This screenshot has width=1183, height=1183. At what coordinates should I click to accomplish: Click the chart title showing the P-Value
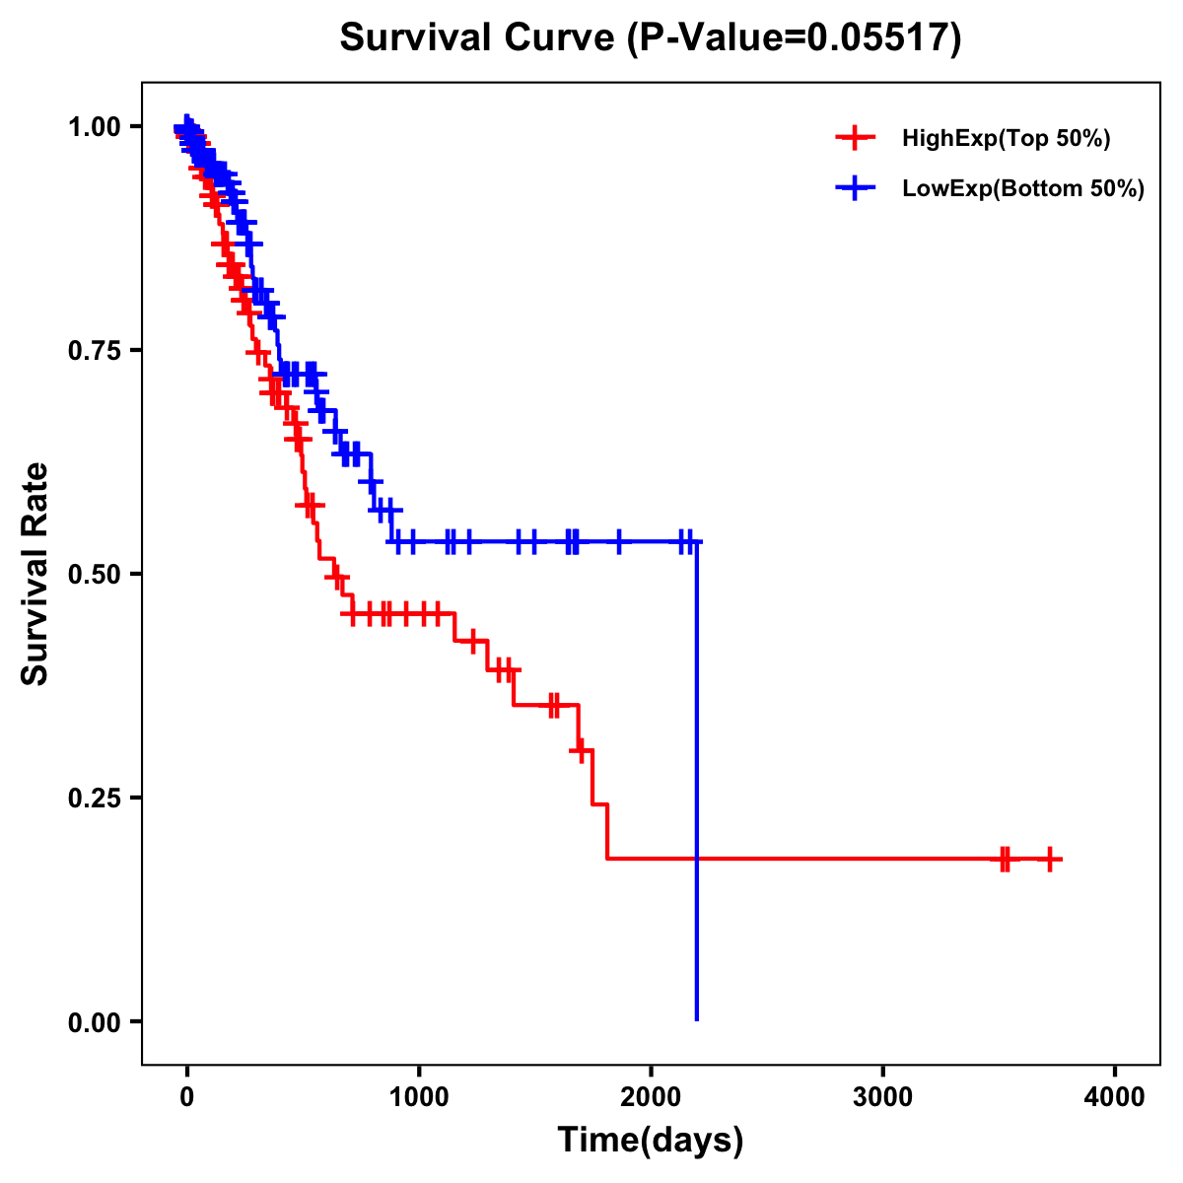[x=650, y=38]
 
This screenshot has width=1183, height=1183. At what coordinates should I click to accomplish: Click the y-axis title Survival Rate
[x=35, y=573]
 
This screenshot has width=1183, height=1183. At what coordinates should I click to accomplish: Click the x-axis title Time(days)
[x=650, y=1140]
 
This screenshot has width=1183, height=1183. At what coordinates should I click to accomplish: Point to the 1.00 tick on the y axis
[x=95, y=127]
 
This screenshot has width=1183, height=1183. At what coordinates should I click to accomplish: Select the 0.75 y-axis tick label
[x=95, y=351]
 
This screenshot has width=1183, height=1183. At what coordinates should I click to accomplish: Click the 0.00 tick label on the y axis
[x=95, y=1022]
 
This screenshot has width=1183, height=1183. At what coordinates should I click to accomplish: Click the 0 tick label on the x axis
[x=187, y=1096]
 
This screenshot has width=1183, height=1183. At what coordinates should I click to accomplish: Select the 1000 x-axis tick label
[x=419, y=1096]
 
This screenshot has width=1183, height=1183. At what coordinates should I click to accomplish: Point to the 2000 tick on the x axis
[x=651, y=1096]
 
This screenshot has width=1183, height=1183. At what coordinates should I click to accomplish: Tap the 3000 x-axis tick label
[x=882, y=1096]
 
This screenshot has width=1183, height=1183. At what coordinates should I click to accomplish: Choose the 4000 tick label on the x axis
[x=1114, y=1096]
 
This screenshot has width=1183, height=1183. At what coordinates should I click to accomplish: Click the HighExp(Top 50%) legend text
[x=1006, y=139]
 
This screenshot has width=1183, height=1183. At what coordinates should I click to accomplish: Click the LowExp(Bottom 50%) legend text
[x=1022, y=189]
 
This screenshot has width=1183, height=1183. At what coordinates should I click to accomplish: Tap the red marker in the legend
[x=855, y=138]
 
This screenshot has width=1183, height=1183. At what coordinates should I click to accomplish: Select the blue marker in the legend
[x=855, y=188]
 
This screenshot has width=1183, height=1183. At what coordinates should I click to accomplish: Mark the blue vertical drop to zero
[x=697, y=789]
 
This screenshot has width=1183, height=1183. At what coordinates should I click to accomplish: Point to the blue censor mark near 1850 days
[x=619, y=541]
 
